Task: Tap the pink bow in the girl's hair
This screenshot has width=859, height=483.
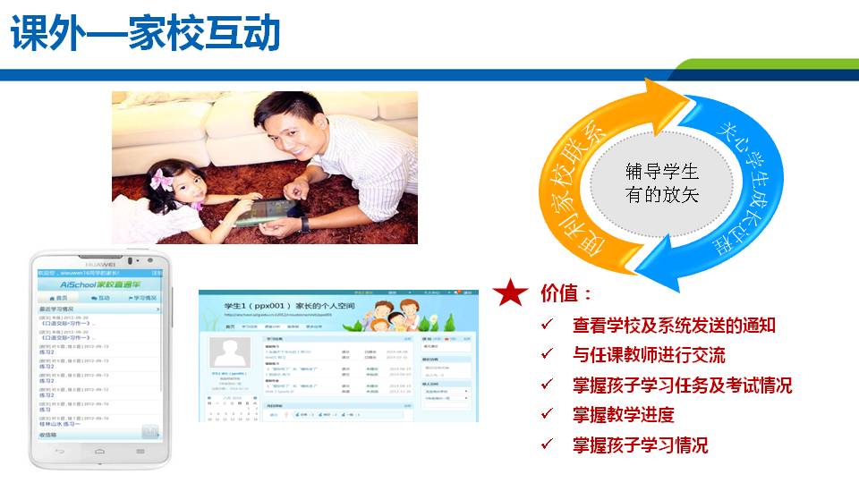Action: click(x=161, y=178)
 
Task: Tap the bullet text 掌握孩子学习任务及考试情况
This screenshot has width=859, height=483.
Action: click(x=682, y=386)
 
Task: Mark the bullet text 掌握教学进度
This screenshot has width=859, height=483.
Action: click(x=623, y=415)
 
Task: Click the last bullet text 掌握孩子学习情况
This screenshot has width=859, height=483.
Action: click(x=640, y=445)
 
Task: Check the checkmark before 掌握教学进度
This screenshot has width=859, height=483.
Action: click(x=547, y=415)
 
